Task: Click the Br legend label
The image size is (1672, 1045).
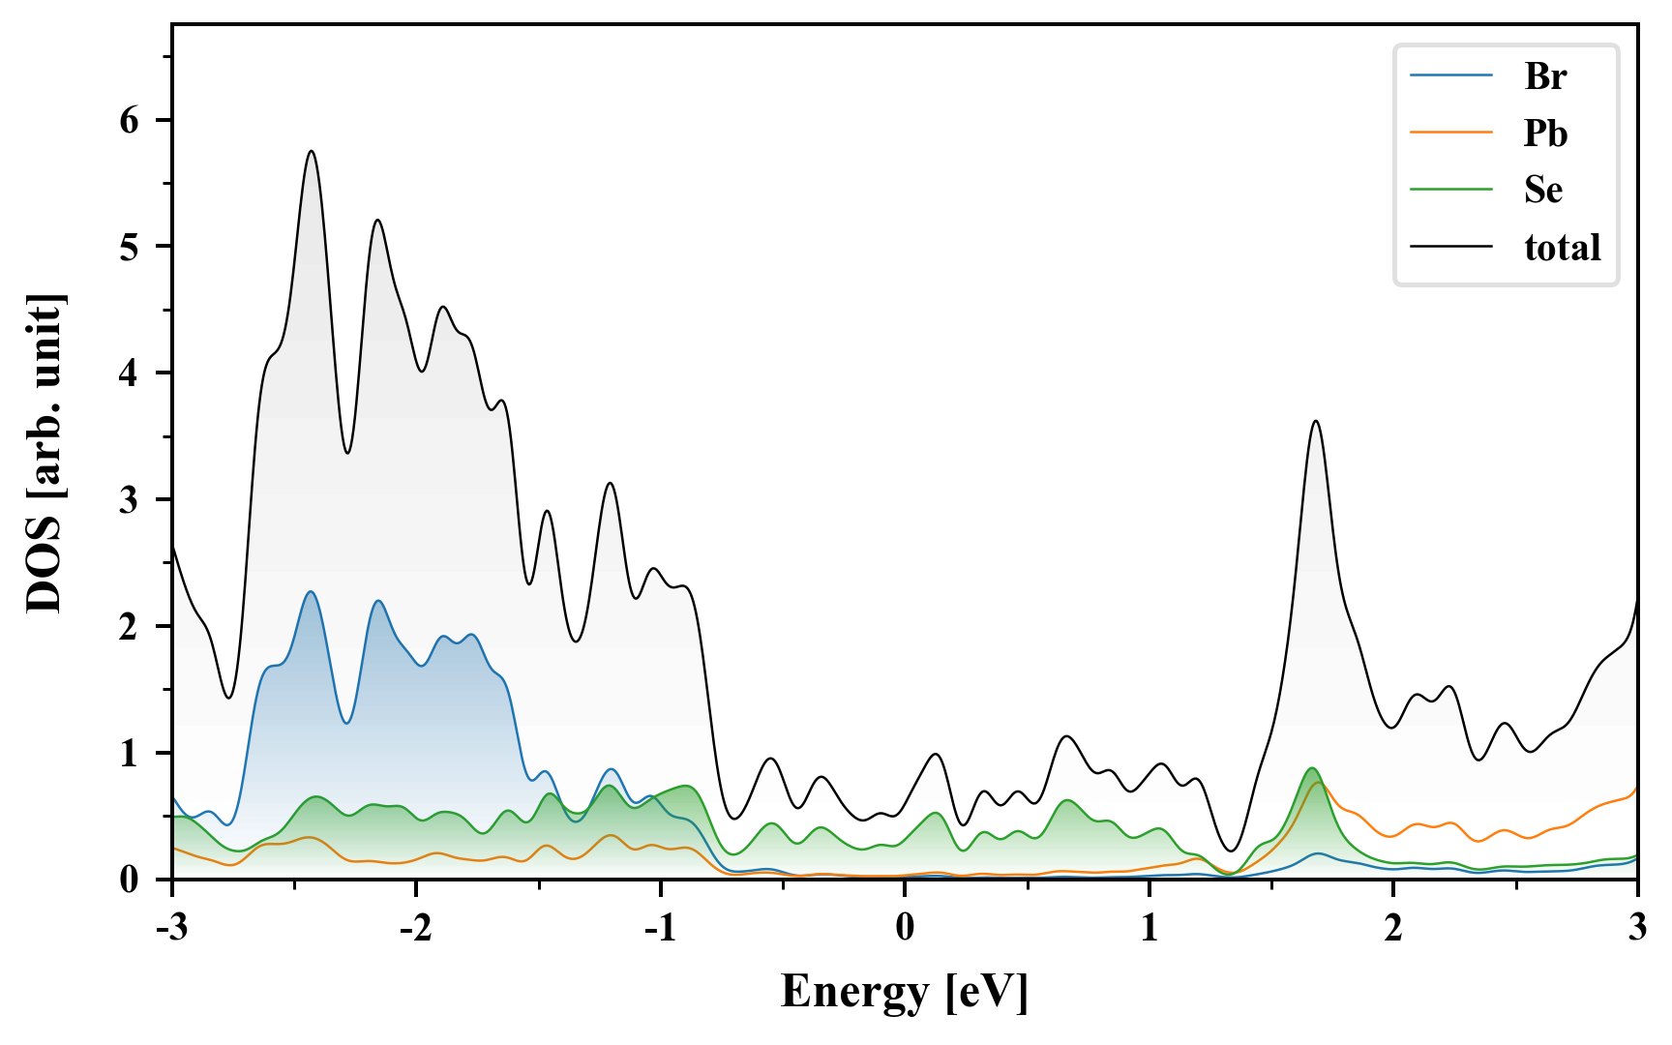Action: click(x=1544, y=76)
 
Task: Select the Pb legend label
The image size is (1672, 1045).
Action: click(x=1544, y=134)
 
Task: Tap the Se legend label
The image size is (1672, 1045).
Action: click(x=1542, y=190)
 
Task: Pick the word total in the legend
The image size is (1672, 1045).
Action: click(x=1562, y=248)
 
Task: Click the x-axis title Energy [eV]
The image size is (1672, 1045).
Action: click(x=904, y=992)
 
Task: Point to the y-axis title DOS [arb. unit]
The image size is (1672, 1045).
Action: click(x=45, y=452)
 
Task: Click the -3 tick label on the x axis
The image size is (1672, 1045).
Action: click(x=171, y=928)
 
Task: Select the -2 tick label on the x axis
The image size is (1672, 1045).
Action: click(x=415, y=928)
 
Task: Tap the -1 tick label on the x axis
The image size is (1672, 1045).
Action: click(x=659, y=928)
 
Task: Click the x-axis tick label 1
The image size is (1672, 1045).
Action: click(x=1149, y=928)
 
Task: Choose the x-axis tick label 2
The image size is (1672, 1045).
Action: click(x=1393, y=928)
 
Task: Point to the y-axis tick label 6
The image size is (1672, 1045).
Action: click(x=130, y=120)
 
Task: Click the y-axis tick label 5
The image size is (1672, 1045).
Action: click(x=130, y=247)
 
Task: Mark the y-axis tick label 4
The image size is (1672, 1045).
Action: click(x=130, y=373)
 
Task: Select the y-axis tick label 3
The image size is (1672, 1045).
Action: click(x=130, y=500)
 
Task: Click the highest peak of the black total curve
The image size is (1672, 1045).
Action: click(x=312, y=152)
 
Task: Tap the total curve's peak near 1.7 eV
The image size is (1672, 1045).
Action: click(x=1316, y=422)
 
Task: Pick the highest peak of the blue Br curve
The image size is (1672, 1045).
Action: click(x=311, y=592)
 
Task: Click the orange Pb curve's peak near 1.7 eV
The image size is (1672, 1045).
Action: click(x=1318, y=783)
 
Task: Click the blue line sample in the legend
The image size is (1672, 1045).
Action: click(x=1450, y=76)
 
